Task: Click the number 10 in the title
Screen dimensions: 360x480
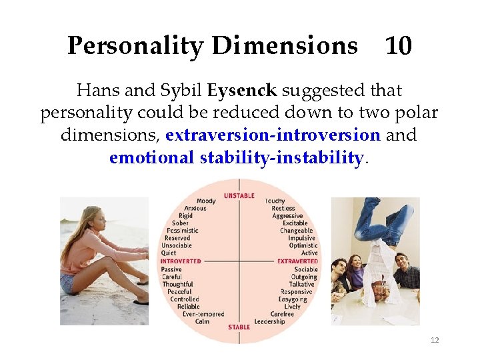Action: [x=399, y=46]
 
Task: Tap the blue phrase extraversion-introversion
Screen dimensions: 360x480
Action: [x=273, y=135]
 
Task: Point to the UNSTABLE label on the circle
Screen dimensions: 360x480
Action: [x=239, y=195]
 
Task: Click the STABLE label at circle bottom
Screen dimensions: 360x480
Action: [x=239, y=327]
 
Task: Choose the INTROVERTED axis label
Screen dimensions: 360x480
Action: [x=181, y=261]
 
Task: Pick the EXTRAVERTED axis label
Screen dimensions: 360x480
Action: [x=297, y=261]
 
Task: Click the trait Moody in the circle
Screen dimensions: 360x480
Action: [x=206, y=201]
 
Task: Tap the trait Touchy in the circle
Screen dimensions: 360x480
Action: [x=274, y=201]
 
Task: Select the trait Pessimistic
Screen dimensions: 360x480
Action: [x=182, y=231]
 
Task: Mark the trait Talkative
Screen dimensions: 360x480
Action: [x=301, y=284]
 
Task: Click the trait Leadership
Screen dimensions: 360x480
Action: [x=269, y=321]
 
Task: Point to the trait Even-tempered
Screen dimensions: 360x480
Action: [x=203, y=314]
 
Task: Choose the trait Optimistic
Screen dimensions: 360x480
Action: [x=303, y=245]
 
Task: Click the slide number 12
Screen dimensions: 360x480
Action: [x=435, y=340]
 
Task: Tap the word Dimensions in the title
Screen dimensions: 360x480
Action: [x=285, y=46]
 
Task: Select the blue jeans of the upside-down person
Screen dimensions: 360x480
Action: [x=383, y=224]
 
